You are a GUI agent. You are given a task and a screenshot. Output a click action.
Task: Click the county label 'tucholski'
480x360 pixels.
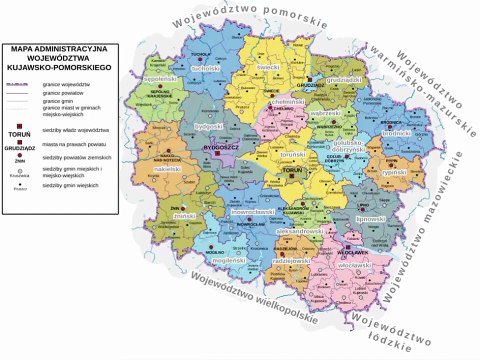coord(204,69)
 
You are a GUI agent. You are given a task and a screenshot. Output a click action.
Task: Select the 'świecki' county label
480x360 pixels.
coord(268,69)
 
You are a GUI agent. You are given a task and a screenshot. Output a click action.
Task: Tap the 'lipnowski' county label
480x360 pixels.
coord(372,217)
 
